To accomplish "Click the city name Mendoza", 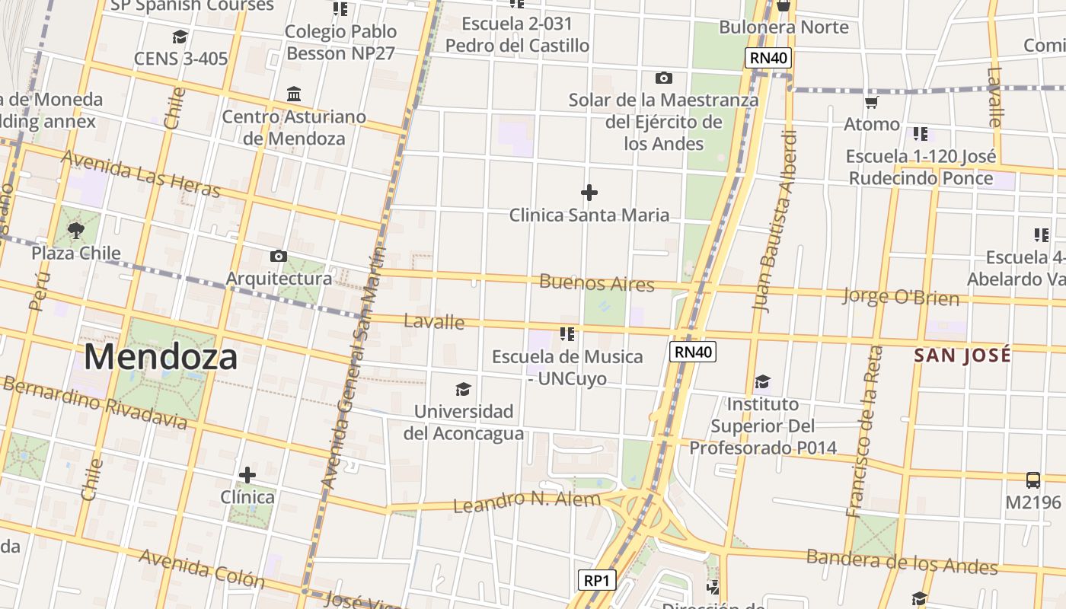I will tap(161, 356).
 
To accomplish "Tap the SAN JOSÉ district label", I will tap(962, 355).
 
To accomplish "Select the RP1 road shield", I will tap(596, 580).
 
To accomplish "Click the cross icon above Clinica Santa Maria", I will tap(589, 193).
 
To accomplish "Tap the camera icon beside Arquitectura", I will tap(279, 256).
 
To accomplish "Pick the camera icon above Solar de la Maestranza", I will tap(663, 78).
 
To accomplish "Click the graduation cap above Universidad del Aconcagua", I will tap(463, 390).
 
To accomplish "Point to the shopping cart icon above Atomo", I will tap(871, 102).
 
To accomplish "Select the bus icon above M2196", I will tap(1032, 480).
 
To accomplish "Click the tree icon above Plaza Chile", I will tap(75, 231).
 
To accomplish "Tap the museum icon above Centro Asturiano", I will tap(294, 94).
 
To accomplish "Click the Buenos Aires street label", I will tap(596, 283).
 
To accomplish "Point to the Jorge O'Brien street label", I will tap(900, 296).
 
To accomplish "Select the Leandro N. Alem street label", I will tap(526, 502).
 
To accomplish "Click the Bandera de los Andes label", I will tap(902, 562).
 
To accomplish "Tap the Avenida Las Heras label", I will tap(140, 173).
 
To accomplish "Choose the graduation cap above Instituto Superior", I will tap(762, 381).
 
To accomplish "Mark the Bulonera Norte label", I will tap(784, 27).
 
